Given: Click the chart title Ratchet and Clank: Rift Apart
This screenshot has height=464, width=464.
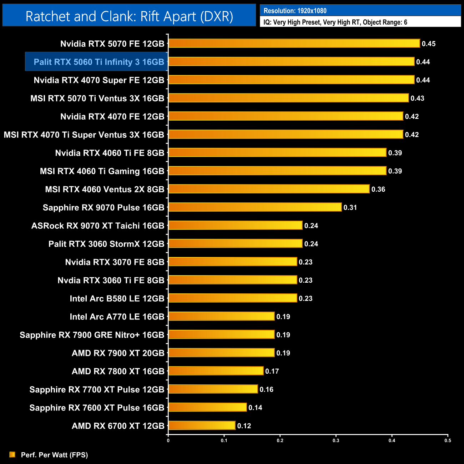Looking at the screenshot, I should point(129,16).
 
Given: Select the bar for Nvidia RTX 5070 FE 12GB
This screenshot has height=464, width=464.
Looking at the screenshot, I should point(294,44).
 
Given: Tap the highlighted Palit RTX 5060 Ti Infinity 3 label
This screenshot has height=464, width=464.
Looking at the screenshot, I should point(99,62).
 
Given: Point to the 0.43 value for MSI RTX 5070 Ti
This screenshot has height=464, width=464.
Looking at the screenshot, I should point(417,98).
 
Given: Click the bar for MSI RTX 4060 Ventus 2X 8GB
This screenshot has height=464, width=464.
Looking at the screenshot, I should point(269,189).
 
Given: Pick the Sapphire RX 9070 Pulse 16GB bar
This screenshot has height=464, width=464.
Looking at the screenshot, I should point(255,207).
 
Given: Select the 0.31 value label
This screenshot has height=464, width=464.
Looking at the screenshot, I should point(350,207).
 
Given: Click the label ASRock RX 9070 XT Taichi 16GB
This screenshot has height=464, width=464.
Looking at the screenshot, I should point(98,226).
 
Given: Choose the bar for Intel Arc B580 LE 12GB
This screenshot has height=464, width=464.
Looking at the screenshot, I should point(233,298).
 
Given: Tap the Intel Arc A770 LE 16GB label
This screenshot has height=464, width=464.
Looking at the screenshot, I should point(117,317).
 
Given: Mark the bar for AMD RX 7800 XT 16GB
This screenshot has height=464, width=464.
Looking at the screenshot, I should point(216,371).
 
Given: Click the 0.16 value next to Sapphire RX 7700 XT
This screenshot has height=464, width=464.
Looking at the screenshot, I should point(266,389).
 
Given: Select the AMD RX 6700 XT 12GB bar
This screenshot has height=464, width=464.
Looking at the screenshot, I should point(202,426).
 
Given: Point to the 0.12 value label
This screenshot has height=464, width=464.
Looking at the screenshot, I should point(244,426).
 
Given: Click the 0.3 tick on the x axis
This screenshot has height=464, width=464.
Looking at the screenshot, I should point(336,440).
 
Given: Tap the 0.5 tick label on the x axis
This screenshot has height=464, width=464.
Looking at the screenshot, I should point(448,440).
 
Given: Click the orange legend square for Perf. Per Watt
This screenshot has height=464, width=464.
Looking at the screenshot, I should point(12,454).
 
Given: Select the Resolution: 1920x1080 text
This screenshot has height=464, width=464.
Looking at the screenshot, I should point(295,11).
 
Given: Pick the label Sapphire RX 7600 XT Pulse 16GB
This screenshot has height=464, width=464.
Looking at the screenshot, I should point(97,408).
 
